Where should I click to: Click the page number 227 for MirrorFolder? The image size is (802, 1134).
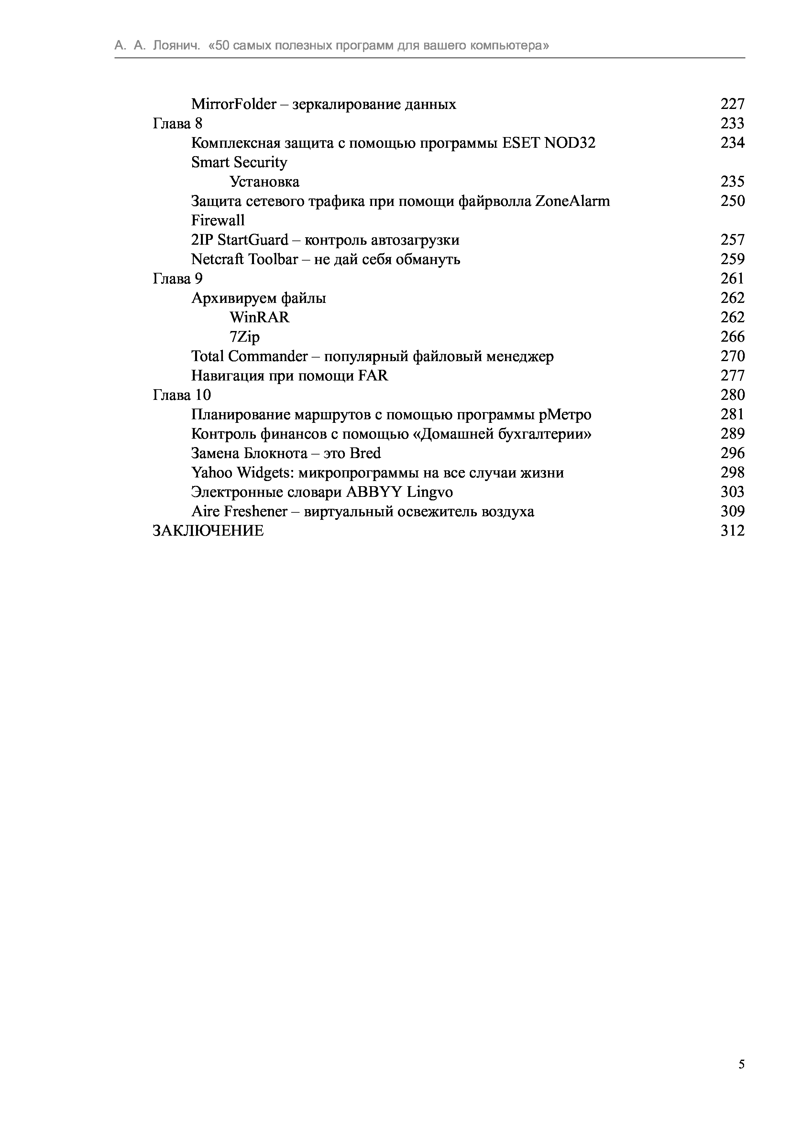732,104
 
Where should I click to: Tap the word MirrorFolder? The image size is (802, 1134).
233,104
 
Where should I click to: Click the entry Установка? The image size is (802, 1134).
264,182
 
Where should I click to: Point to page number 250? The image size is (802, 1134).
732,201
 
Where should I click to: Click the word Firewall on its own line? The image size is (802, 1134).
218,220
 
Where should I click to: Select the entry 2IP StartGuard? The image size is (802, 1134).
240,240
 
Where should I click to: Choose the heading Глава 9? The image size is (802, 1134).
177,279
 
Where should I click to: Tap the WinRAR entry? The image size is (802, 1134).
259,317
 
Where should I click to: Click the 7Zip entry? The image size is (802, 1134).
244,337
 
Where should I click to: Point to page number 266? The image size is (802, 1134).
732,337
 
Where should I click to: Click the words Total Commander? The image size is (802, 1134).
249,356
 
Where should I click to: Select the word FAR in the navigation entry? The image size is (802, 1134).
373,376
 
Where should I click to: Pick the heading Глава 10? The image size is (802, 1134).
181,395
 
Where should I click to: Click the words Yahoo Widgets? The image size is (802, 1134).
241,473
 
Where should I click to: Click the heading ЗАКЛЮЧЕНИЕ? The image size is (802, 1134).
208,530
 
